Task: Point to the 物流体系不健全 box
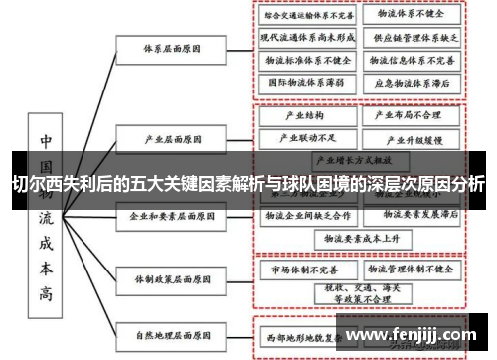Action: point(410,16)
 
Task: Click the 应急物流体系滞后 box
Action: point(412,82)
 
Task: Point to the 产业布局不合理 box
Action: point(410,115)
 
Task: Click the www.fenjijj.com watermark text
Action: point(407,334)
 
